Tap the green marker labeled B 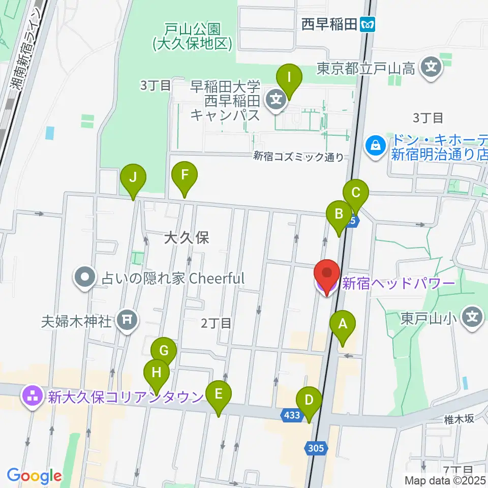(339, 213)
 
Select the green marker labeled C (355, 193)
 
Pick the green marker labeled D (309, 400)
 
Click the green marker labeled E (219, 394)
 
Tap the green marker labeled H (157, 373)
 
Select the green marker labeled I (289, 78)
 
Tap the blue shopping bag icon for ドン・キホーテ (376, 145)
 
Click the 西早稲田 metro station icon (367, 24)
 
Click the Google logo (34, 476)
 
